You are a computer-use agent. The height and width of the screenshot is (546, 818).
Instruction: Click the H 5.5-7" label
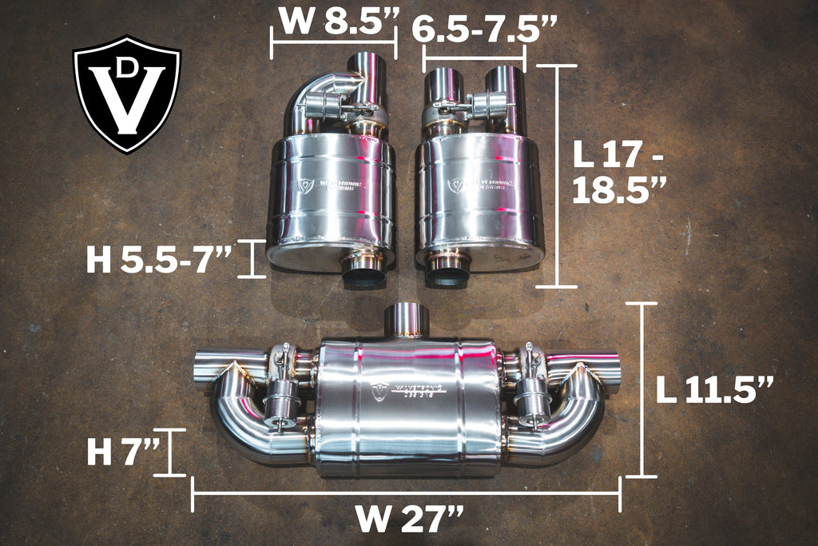[x=159, y=259]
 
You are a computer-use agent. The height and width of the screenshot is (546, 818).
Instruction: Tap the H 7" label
[x=121, y=452]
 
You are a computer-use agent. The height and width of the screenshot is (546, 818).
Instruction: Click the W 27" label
[x=409, y=520]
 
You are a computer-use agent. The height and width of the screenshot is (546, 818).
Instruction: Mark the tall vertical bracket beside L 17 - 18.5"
[x=556, y=176]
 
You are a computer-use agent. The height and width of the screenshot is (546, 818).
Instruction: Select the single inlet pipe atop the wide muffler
[x=407, y=319]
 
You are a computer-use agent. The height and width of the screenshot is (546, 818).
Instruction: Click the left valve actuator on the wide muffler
[x=280, y=396]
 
